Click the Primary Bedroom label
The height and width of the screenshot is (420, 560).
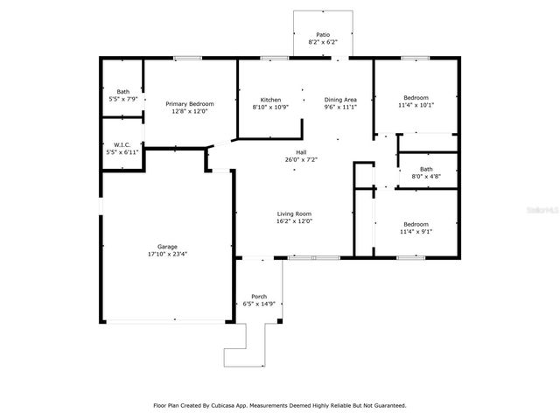coord(190,104)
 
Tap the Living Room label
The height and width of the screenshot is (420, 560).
coord(295,214)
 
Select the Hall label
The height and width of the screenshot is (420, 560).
coord(301,152)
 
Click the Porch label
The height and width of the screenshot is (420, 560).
coord(259,297)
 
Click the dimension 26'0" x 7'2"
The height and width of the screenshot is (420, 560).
coord(301,159)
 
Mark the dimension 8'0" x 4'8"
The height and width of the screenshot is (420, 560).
coord(426,176)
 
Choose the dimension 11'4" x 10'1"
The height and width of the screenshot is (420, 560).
coord(416,105)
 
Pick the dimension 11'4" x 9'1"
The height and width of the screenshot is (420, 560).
coord(416,231)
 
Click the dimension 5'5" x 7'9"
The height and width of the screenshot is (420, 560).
coord(122,99)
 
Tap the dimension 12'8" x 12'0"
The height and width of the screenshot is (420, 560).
coord(190,111)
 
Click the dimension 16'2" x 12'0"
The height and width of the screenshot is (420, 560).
coord(295,221)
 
